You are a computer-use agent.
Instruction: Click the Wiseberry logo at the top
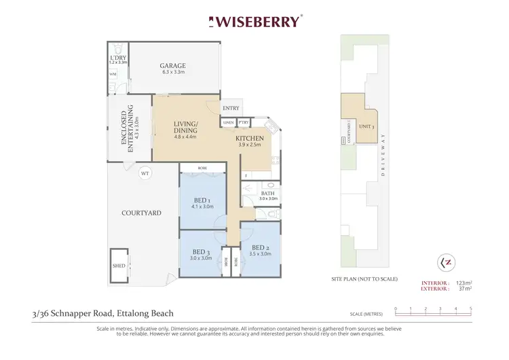(x=254, y=22)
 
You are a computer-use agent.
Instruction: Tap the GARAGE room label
(x=173, y=66)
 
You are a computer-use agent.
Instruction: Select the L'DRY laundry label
(x=117, y=58)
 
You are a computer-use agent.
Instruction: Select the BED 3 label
(x=201, y=252)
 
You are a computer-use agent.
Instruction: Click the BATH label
(x=267, y=192)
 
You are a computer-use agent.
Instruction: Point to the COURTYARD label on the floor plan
(x=141, y=213)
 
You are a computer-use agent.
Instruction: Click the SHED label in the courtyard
(x=119, y=266)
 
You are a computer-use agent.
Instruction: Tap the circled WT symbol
(x=145, y=173)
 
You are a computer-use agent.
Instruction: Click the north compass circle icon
(x=446, y=262)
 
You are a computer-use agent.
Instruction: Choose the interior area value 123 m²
(x=463, y=282)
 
